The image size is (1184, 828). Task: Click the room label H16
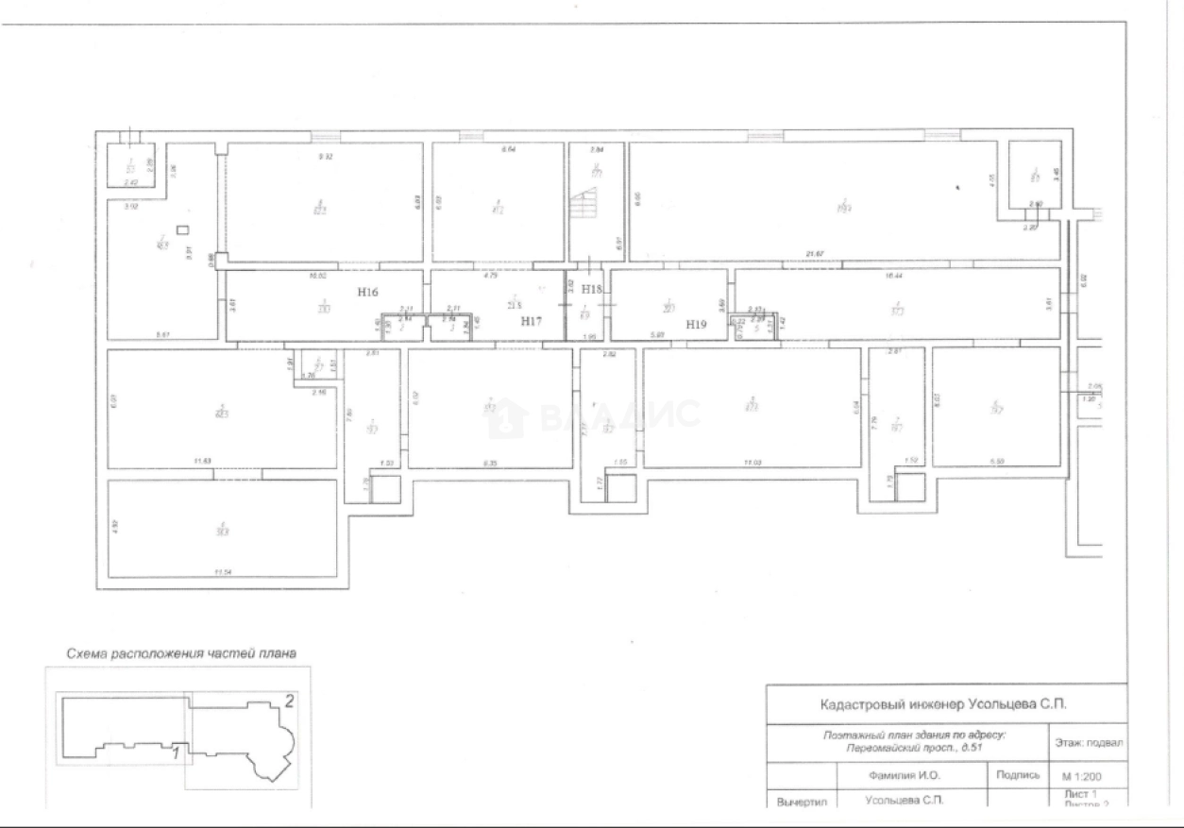click(x=369, y=293)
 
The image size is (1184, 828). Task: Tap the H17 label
click(x=533, y=321)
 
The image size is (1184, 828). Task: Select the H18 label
click(x=592, y=289)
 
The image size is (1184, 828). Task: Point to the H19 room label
click(x=696, y=324)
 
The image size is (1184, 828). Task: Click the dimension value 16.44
click(x=893, y=277)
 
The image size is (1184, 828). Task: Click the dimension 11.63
click(x=199, y=461)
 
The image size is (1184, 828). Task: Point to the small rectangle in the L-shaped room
click(x=183, y=229)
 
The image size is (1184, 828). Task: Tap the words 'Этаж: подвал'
click(x=1087, y=742)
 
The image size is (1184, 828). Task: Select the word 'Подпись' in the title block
click(x=1017, y=775)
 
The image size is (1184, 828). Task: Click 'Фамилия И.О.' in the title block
click(x=904, y=775)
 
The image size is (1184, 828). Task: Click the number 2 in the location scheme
click(x=290, y=701)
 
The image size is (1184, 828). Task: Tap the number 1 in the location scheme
click(x=176, y=752)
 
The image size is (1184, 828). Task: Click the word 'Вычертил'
click(x=801, y=803)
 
